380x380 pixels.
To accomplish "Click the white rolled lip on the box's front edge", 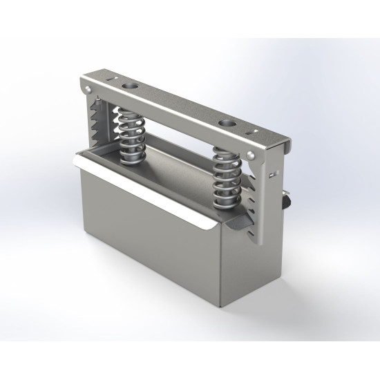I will pyautogui.click(x=145, y=193).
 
